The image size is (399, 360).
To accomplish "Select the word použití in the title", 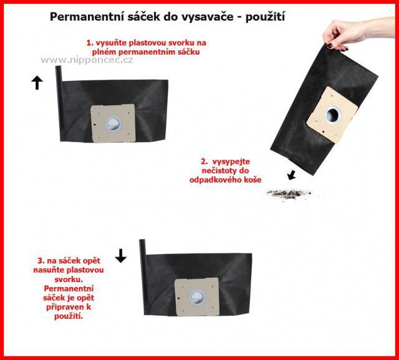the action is click(x=265, y=17).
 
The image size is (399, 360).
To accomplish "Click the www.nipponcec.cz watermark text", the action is click(x=87, y=60).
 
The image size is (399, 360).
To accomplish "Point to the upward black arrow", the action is click(x=37, y=83).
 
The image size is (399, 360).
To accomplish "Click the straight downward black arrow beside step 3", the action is click(x=120, y=255).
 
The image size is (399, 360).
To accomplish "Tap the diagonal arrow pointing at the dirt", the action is click(x=291, y=175).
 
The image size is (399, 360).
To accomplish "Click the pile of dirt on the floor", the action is click(x=288, y=194).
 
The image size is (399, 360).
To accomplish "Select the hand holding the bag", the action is click(x=356, y=33).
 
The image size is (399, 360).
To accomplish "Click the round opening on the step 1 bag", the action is click(x=113, y=125).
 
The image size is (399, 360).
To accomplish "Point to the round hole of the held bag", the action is click(x=333, y=115).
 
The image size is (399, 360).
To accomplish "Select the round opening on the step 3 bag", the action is click(x=197, y=298).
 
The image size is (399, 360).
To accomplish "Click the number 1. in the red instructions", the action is click(x=90, y=43).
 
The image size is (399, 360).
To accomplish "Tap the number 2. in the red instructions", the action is click(x=204, y=162).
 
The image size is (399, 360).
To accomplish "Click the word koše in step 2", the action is click(x=252, y=180).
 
